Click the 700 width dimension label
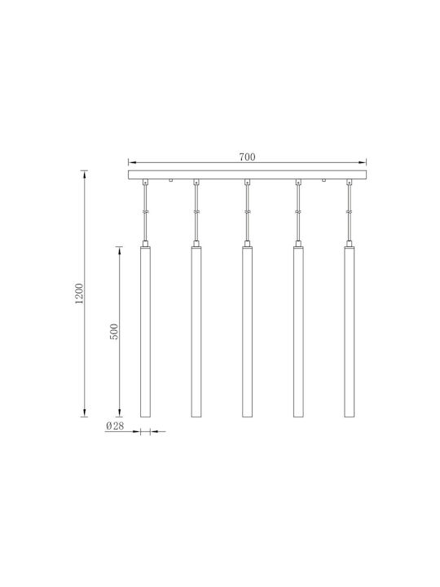coord(247,157)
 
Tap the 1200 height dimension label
coord(79,293)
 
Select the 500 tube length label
coord(114,332)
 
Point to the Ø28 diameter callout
coord(115,426)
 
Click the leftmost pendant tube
coord(145,331)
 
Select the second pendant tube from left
coord(196,331)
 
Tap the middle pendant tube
coord(247,331)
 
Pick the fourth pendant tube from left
coord(298,331)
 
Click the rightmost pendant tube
coord(350,331)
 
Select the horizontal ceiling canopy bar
coord(248,174)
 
